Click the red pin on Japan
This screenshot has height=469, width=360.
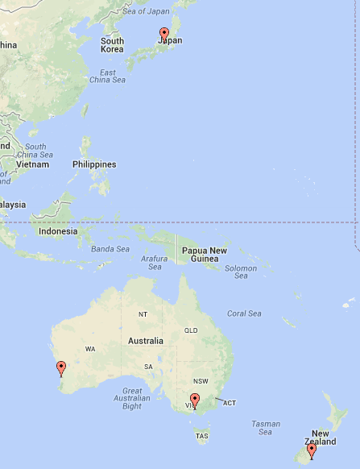[164, 34]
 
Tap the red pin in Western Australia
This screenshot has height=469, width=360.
[60, 369]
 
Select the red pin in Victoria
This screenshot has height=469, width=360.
[194, 400]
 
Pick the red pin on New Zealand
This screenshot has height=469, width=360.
[312, 450]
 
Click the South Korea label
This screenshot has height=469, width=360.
[112, 45]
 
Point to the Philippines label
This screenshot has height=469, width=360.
[94, 164]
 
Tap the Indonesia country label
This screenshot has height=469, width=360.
[58, 231]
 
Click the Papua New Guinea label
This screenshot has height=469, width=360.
[205, 255]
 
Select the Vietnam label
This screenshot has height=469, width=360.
[33, 164]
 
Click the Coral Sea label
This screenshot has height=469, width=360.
[244, 313]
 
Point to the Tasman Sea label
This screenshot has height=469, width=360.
[266, 428]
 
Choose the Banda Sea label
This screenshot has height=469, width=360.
[110, 249]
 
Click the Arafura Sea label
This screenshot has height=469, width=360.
[154, 263]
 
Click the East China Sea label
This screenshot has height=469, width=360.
[107, 76]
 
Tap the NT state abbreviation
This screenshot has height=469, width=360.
[143, 313]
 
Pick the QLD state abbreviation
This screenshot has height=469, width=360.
[191, 330]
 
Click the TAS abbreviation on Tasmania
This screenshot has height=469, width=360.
[201, 436]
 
